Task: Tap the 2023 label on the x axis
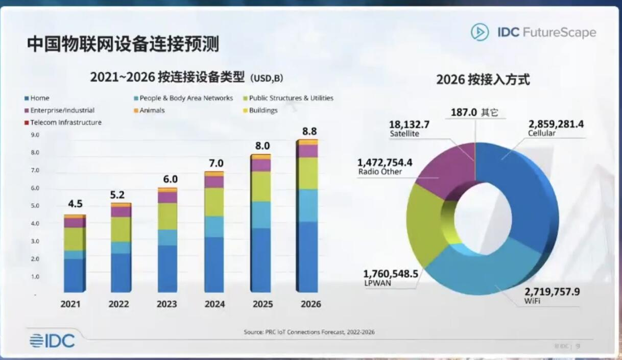[x=166, y=304]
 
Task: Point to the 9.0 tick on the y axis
[x=35, y=135]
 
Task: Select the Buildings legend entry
[x=260, y=110]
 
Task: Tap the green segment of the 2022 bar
[x=121, y=229]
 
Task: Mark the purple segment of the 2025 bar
[x=261, y=165]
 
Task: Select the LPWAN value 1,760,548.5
[x=391, y=274]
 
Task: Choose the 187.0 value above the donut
[x=463, y=112]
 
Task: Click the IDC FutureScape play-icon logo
[x=480, y=32]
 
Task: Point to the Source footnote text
[x=309, y=332]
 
